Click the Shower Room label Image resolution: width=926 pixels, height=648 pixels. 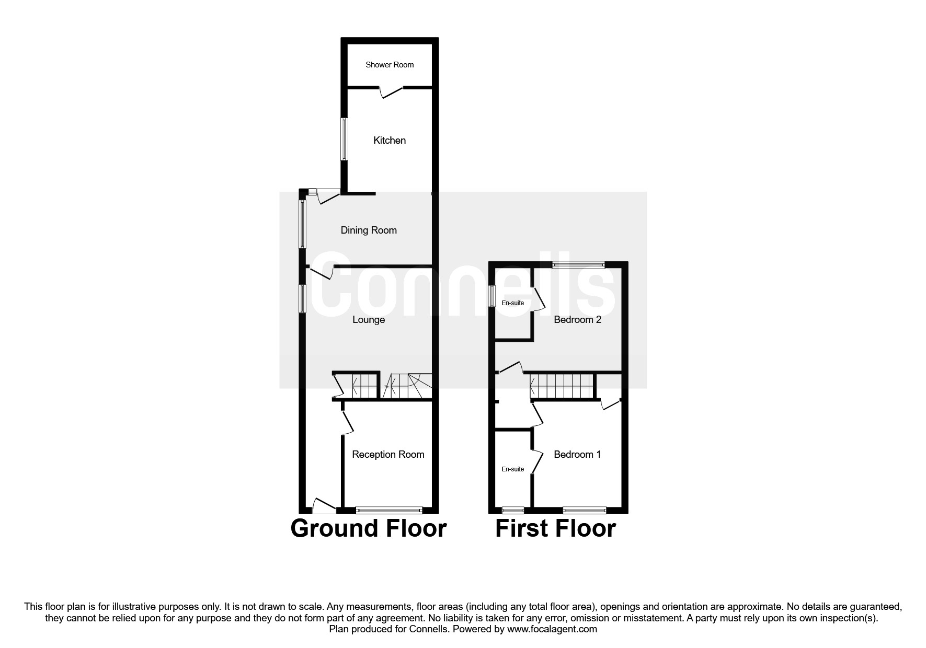pos(390,65)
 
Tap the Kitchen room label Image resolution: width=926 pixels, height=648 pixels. pos(390,140)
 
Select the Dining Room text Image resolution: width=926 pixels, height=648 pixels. pos(369,230)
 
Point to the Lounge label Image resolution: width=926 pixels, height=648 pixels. pos(369,319)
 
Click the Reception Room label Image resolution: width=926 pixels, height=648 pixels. pos(388,454)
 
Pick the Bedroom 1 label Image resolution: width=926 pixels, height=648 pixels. pos(577,454)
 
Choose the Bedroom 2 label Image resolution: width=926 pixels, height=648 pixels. pos(577,319)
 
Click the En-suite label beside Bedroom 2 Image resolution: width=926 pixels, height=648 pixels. pos(512,303)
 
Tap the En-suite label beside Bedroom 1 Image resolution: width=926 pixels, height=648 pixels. pos(512,469)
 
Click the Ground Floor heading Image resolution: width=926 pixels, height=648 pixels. pos(369,528)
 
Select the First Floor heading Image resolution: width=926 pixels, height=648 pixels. pos(555,528)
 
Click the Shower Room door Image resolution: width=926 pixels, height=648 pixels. pos(390,92)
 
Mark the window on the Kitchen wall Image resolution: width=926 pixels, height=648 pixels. pos(344,139)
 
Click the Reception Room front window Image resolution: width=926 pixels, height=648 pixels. pos(388,510)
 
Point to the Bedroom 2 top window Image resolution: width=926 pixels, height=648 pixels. pos(579,264)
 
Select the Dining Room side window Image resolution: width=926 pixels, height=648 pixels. pos(302,224)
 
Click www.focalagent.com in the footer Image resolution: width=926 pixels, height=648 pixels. pos(552,629)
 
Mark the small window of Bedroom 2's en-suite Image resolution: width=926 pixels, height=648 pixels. pos(492,296)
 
